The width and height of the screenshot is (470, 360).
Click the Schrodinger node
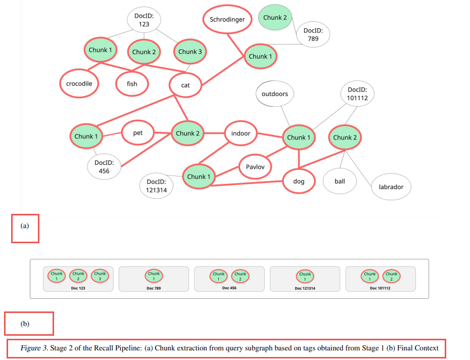(227, 20)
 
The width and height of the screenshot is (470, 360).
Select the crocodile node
(79, 83)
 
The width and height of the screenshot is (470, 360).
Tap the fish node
(132, 84)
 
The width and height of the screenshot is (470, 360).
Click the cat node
(185, 85)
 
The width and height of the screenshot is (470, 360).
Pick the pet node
(137, 133)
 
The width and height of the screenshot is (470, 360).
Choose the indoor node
(241, 133)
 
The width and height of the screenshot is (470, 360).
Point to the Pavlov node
(255, 167)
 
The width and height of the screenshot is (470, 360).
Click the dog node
(299, 181)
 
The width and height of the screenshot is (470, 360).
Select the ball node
(340, 181)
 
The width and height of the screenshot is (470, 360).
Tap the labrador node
(391, 187)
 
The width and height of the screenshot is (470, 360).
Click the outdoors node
(274, 94)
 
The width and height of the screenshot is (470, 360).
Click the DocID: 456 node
(104, 167)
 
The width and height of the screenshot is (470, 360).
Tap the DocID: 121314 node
(157, 186)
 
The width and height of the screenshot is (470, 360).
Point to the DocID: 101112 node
(357, 94)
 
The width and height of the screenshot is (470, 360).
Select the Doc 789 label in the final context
(153, 288)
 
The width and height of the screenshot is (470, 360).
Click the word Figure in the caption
(30, 348)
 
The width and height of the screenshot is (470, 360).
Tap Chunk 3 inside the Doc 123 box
(100, 276)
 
